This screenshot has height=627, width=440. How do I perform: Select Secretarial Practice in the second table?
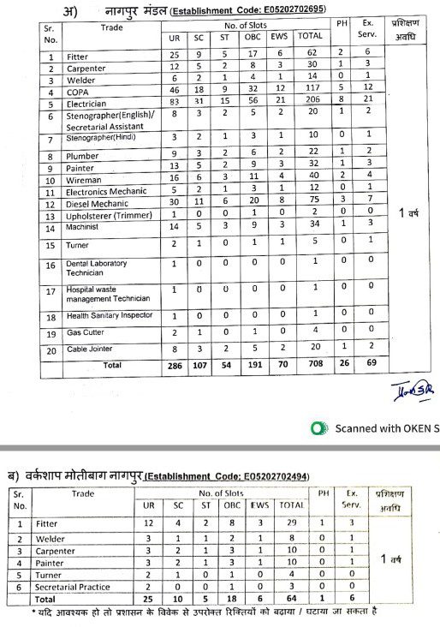click(74, 587)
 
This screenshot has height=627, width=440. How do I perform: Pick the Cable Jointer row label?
click(90, 349)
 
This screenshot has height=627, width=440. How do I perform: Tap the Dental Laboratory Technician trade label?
click(91, 267)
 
